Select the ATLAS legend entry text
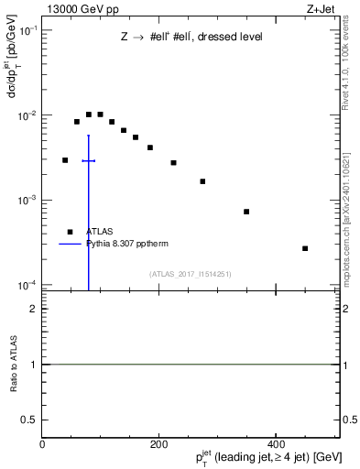pos(99,233)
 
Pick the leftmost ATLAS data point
pos(65,160)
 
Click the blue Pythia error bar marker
pos(88,160)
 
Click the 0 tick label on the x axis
pos(43,443)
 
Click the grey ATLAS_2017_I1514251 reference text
pos(191,274)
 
